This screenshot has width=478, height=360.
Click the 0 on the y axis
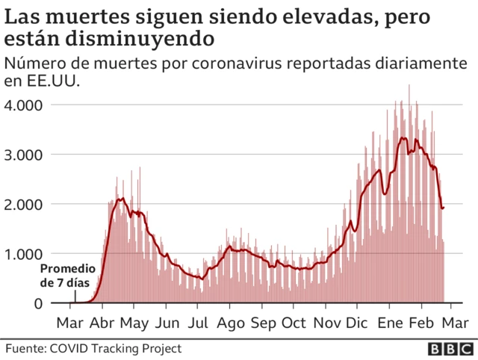point(37,303)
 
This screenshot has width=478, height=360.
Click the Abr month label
point(102,323)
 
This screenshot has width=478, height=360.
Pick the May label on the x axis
point(135,323)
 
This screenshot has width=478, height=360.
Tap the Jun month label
point(167,323)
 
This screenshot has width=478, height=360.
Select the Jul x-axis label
point(198,323)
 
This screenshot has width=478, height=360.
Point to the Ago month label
point(231,323)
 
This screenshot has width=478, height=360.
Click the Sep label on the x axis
point(263,323)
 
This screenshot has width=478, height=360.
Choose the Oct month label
point(294,323)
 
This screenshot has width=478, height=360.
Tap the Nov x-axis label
point(326,323)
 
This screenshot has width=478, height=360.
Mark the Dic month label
point(358,323)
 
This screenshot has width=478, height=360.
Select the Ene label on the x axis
point(391,323)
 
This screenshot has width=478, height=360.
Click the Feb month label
point(423,323)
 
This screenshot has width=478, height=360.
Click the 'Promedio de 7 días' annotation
point(67,276)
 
